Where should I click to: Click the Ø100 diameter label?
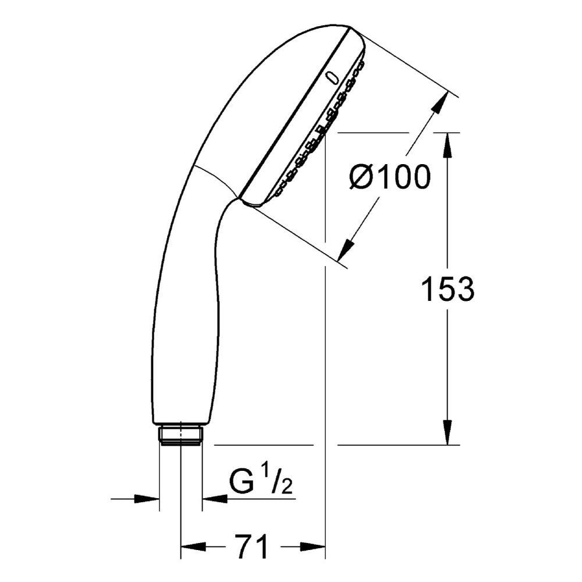coord(390,177)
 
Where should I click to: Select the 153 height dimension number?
coord(448,289)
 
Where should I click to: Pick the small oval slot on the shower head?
coord(332,79)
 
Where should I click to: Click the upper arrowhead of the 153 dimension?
coord(448,145)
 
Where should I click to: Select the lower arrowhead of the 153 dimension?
coord(448,432)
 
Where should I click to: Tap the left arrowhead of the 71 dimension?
coord(193,546)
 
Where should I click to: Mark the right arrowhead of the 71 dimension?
coord(313,546)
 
